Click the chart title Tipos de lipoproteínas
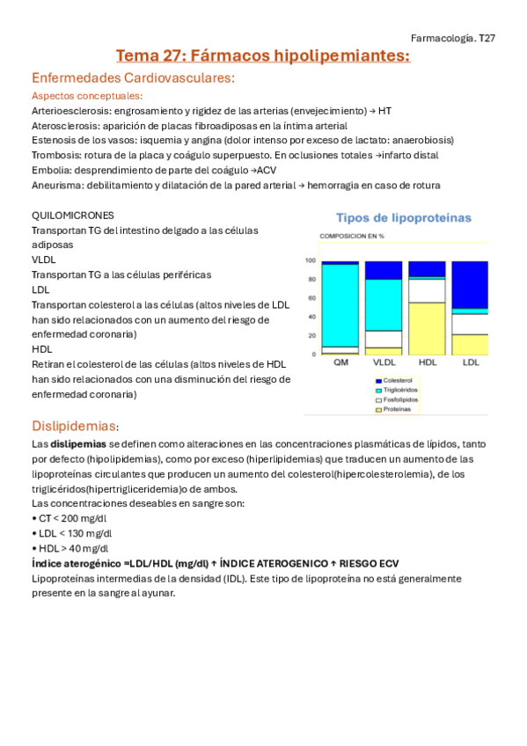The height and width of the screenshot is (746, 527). click(404, 217)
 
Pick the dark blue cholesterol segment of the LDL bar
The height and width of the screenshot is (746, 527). click(470, 284)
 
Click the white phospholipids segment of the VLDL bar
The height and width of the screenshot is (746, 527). click(384, 339)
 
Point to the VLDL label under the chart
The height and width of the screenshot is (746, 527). click(384, 362)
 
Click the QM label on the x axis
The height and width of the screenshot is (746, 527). click(340, 362)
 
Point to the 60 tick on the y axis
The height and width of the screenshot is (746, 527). click(311, 298)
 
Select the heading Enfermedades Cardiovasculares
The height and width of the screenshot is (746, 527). click(133, 78)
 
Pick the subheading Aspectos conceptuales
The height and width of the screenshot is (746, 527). click(87, 96)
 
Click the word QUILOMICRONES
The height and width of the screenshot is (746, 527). click(72, 216)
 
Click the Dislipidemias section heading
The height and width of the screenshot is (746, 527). click(75, 426)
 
